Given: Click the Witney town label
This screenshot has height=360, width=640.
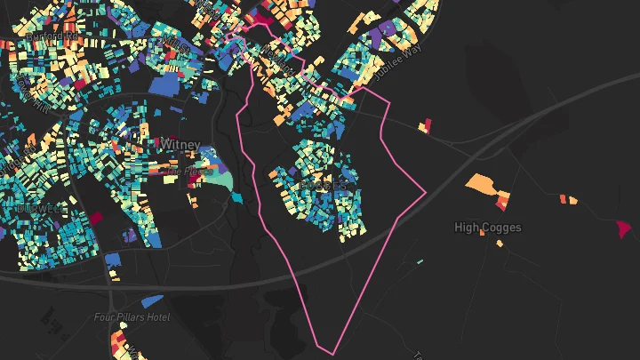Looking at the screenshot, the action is pos(180,144).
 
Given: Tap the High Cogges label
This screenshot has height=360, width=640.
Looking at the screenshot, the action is pos(487,228).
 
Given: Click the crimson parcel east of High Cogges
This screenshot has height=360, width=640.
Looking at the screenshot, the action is pos(623,228).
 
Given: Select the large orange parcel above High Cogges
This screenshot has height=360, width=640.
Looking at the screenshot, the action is pos(482,183).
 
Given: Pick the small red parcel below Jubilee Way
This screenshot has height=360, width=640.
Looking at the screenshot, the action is pos(426,125).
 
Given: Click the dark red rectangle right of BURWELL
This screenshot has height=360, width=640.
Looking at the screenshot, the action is pos(92,216).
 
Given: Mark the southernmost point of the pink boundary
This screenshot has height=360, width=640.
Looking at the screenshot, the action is pos(334,354).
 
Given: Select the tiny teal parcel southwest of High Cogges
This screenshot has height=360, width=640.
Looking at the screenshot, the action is pos(420,261).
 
